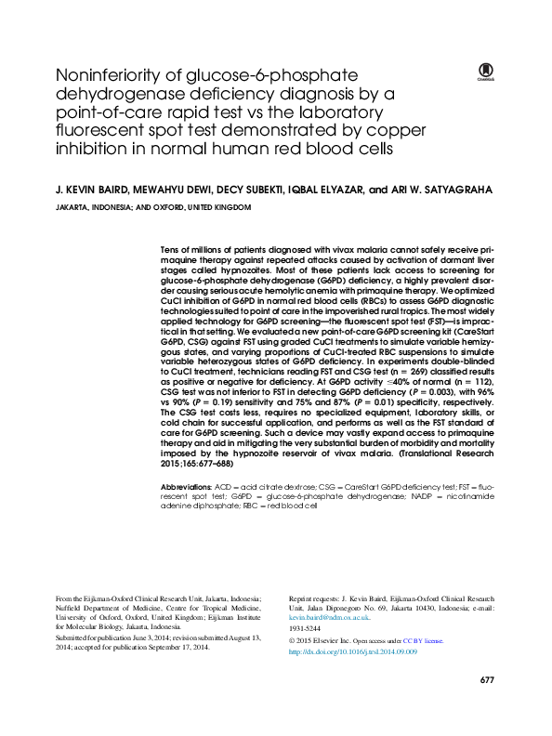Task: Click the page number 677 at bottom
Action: pyautogui.click(x=486, y=707)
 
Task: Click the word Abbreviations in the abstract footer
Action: pyautogui.click(x=187, y=486)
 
